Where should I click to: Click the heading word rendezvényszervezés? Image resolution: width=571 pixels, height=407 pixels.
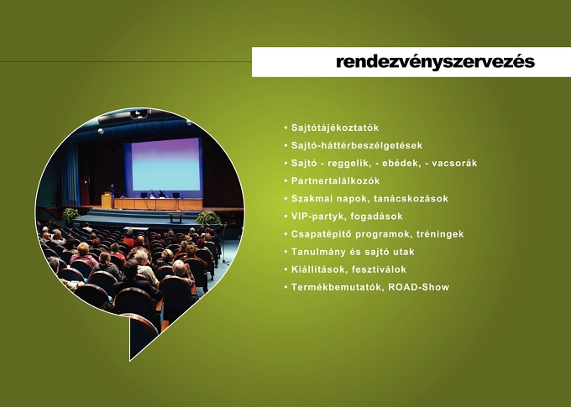click(x=435, y=62)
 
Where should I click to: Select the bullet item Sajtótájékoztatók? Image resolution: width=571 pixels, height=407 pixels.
click(x=335, y=128)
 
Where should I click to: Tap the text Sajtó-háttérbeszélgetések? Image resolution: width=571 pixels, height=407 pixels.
click(x=357, y=146)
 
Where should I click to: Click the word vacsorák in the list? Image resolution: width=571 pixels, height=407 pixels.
click(x=454, y=163)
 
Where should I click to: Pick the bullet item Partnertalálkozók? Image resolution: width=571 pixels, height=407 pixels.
click(x=335, y=181)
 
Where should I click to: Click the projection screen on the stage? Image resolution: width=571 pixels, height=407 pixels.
click(x=166, y=164)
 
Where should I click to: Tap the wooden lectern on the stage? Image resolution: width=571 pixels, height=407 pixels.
click(x=107, y=201)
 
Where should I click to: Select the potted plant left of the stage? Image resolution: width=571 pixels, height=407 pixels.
click(x=71, y=215)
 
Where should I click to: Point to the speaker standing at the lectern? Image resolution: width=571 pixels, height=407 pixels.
click(x=113, y=196)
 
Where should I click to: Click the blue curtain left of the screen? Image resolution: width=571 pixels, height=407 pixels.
click(x=71, y=175)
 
